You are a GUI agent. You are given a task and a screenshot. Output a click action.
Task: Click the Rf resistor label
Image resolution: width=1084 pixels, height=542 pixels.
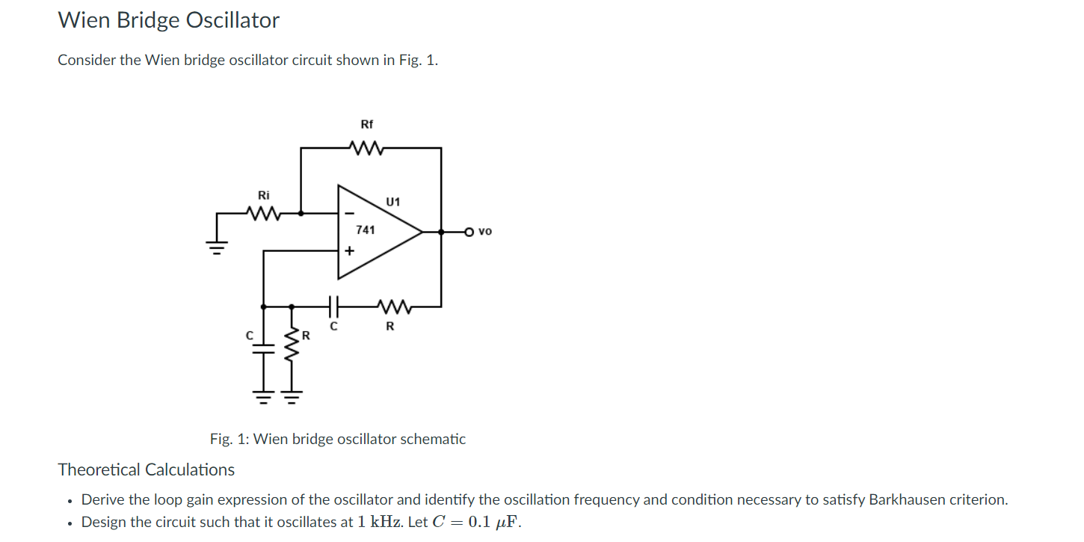click(366, 124)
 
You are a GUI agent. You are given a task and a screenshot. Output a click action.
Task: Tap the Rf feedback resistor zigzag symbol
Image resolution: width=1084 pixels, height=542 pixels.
click(366, 148)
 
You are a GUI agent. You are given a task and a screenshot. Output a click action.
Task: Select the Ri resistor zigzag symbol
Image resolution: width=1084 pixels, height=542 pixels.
click(263, 214)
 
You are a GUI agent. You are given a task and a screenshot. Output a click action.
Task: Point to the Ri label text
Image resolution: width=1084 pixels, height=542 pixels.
click(263, 195)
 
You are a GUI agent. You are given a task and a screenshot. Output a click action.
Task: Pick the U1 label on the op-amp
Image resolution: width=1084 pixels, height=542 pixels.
click(393, 202)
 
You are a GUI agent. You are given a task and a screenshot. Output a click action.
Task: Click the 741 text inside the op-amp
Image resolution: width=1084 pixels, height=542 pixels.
click(366, 230)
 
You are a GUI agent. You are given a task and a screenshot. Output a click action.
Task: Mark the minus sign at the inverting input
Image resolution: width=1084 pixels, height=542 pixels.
click(348, 214)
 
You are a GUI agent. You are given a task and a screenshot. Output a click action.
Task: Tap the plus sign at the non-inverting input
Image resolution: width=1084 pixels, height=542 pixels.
click(348, 251)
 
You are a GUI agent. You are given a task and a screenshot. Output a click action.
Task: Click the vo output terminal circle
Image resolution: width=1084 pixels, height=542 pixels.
click(469, 232)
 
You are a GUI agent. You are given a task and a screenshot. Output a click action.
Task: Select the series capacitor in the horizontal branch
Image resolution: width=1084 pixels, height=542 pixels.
click(333, 306)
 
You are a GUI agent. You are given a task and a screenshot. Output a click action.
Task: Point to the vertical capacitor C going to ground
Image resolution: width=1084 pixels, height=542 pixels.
click(262, 348)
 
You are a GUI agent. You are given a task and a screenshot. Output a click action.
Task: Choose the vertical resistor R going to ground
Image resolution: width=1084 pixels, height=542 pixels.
click(292, 348)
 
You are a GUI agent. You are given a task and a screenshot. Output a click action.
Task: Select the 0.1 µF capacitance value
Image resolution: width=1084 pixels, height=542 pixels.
click(493, 523)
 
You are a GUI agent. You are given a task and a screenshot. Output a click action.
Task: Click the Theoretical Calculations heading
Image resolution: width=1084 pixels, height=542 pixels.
click(147, 469)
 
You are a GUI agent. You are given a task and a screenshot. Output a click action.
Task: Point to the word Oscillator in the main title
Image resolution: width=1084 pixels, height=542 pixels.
click(232, 20)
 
